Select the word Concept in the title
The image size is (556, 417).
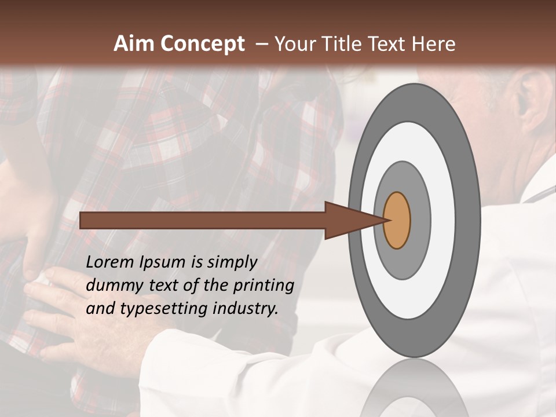[203, 44]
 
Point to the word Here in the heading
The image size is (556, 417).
[434, 43]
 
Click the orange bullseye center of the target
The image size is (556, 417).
[397, 221]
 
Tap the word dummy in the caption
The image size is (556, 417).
[113, 286]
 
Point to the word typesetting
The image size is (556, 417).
[162, 309]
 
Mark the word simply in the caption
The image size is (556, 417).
[231, 263]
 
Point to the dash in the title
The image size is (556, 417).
[261, 43]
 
